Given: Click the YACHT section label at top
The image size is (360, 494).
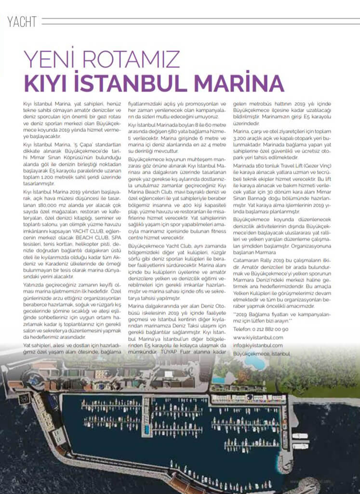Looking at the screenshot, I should (x=23, y=21).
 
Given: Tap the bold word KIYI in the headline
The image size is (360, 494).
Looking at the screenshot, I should (x=52, y=82).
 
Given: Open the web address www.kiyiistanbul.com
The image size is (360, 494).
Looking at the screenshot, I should (x=258, y=337).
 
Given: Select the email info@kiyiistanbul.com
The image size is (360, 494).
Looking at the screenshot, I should (x=258, y=345).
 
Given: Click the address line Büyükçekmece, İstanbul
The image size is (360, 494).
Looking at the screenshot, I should (x=262, y=353).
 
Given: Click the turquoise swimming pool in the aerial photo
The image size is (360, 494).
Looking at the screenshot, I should (x=218, y=380).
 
